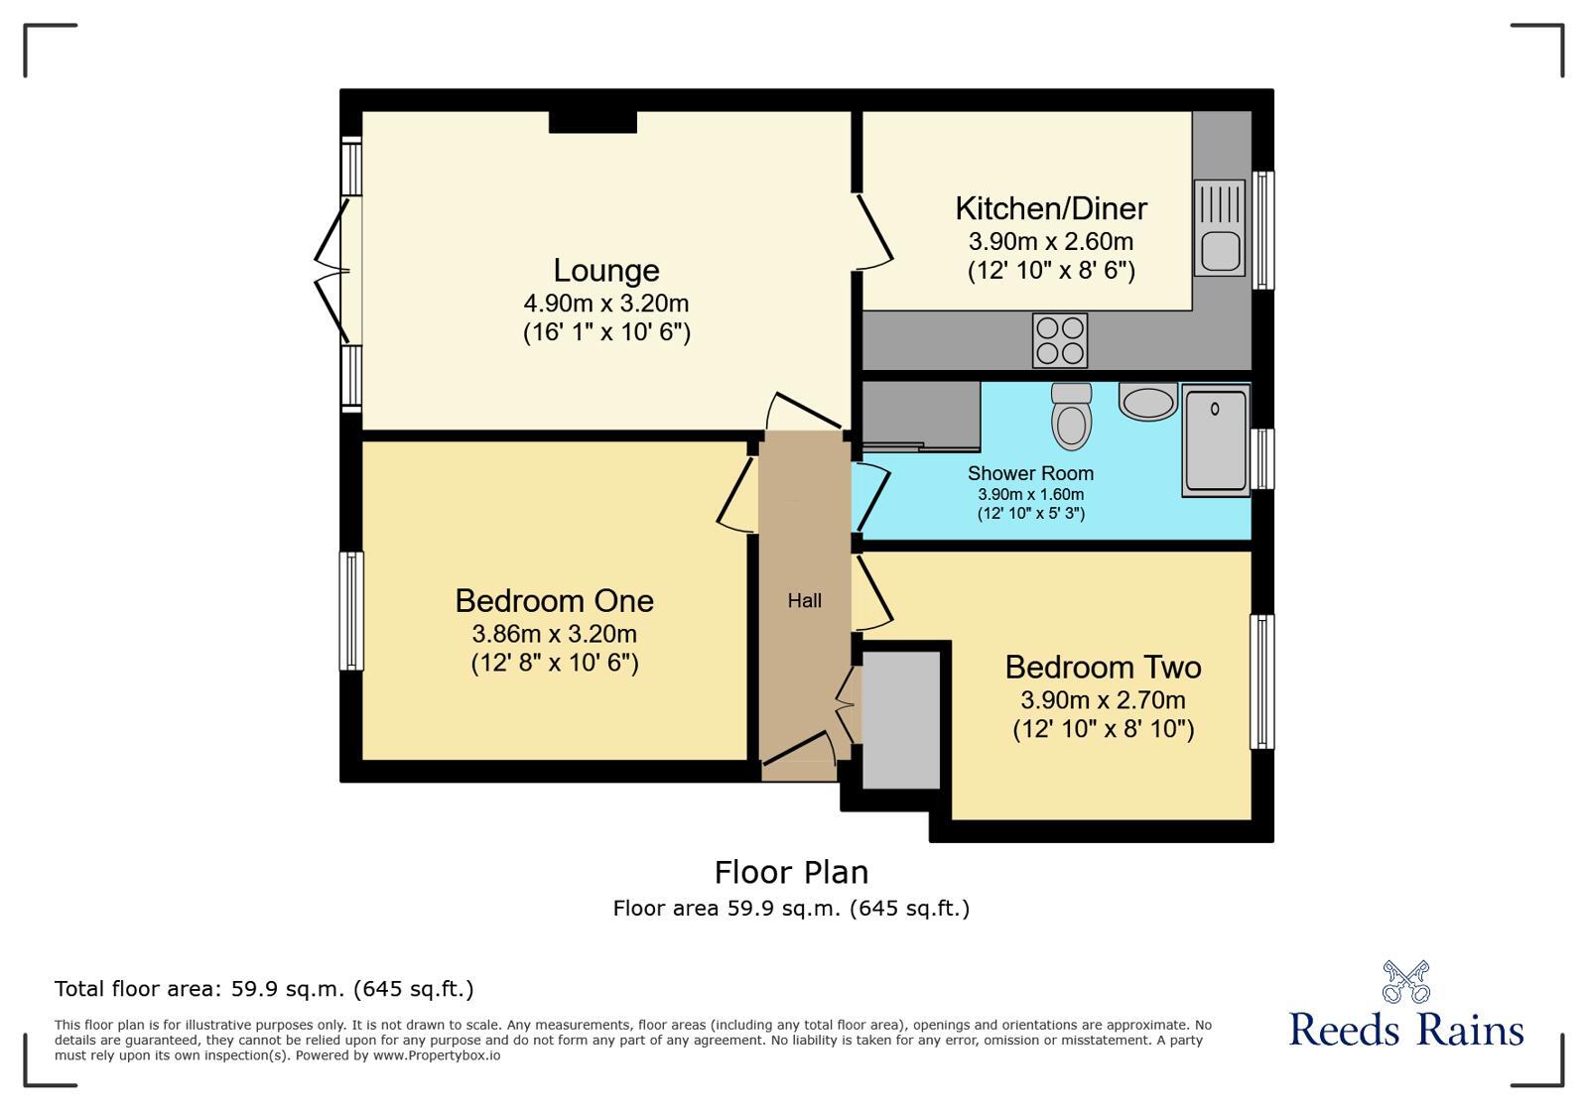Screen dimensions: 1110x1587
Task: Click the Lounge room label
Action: click(x=605, y=271)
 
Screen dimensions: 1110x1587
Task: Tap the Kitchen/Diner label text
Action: click(x=1050, y=208)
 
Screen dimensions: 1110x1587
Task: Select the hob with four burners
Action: click(x=1059, y=340)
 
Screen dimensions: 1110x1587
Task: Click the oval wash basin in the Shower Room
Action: click(x=1147, y=402)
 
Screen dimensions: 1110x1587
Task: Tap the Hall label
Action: click(x=804, y=600)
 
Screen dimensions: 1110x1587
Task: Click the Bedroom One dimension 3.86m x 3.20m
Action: click(x=554, y=634)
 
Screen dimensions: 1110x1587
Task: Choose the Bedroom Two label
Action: click(x=1102, y=667)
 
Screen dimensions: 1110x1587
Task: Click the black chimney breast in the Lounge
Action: click(x=593, y=121)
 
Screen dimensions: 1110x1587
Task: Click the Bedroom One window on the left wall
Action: click(x=351, y=610)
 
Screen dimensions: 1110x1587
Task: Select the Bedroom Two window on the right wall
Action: click(x=1260, y=680)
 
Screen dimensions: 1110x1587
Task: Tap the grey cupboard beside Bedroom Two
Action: click(x=900, y=719)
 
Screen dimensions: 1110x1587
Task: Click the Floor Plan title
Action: click(x=791, y=872)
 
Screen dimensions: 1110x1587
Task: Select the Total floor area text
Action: click(x=264, y=989)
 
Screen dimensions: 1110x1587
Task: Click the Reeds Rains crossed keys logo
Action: click(x=1405, y=981)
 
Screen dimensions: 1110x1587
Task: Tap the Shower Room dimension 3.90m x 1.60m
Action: click(x=1030, y=494)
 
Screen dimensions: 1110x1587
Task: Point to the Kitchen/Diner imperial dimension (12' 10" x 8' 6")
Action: click(x=1050, y=271)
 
